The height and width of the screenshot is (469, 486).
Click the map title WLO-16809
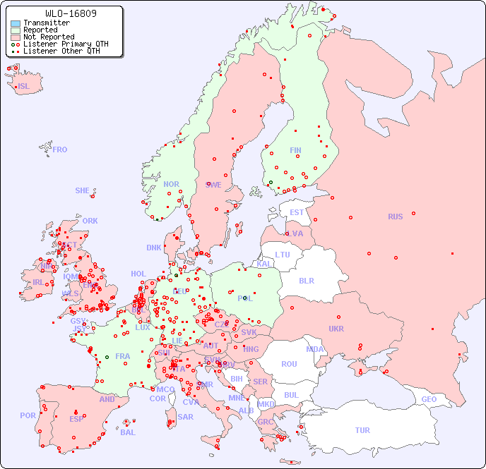coord(71,13)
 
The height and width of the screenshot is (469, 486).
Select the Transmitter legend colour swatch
coord(16,23)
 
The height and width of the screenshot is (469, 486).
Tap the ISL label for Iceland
coord(24,87)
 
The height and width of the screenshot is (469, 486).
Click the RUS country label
coord(395,217)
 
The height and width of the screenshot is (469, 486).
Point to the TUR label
coord(362,430)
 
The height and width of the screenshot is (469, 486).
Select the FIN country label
coord(295,150)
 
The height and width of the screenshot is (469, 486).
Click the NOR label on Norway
coord(171,184)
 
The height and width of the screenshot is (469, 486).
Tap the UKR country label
coord(336,329)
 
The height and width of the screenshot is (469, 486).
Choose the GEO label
coord(429,399)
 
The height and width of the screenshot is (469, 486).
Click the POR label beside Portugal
coord(28,415)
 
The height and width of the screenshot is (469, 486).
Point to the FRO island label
coord(60,150)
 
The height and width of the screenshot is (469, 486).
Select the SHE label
coord(83,190)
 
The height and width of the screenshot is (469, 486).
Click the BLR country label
coord(306,280)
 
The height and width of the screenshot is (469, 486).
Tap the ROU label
coord(289,364)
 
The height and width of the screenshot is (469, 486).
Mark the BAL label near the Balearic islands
coord(127,432)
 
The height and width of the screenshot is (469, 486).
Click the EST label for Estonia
coord(297,212)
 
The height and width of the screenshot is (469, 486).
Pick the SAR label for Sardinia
coord(185,417)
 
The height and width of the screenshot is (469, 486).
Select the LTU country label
coord(283,255)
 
